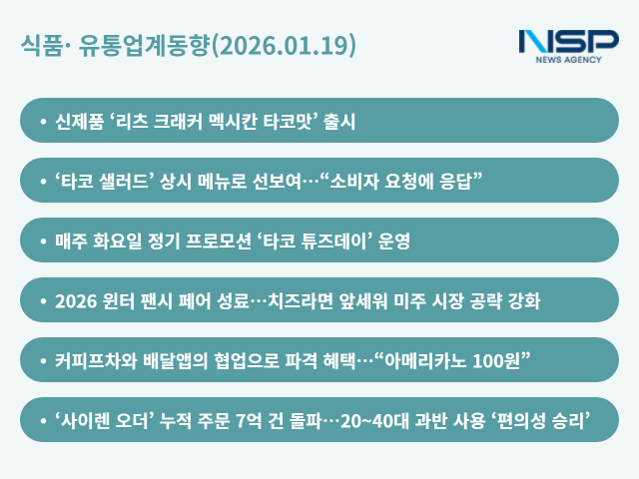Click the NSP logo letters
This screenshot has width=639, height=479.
[568, 43]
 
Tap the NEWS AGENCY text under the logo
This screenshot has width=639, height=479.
[568, 61]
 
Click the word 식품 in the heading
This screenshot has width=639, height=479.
[39, 46]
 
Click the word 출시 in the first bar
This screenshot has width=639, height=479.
[341, 121]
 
